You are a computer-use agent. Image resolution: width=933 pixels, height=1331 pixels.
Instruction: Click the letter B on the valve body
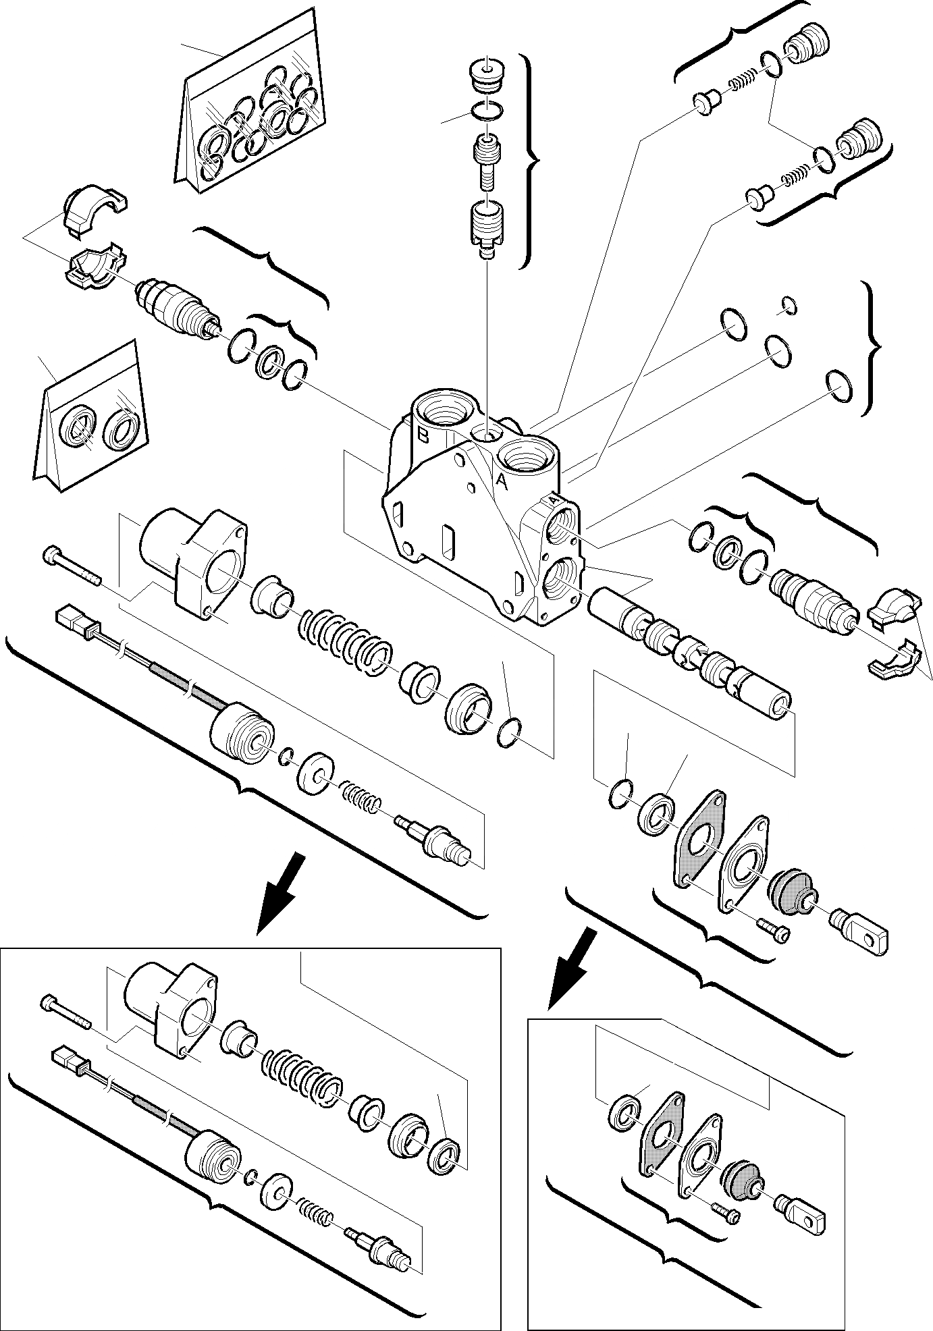click(423, 435)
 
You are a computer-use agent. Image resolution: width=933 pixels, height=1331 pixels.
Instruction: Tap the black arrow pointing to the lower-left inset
click(284, 891)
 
